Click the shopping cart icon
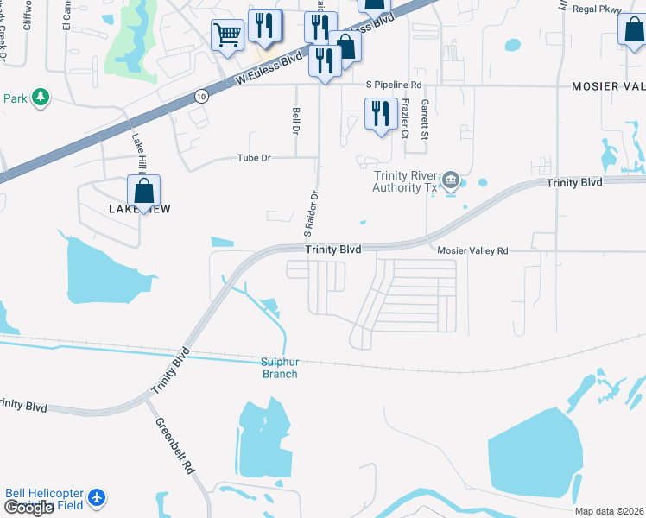tap(227, 35)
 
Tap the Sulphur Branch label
tap(280, 368)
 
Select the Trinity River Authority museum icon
tap(450, 180)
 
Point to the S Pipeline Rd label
tap(394, 85)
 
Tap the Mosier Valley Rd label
tap(472, 250)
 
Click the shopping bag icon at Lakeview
tap(144, 192)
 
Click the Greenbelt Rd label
tap(174, 446)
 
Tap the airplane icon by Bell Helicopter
tap(96, 497)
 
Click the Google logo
tap(28, 509)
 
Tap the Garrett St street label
tap(425, 119)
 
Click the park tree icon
tap(39, 98)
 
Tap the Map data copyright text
tap(610, 511)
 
